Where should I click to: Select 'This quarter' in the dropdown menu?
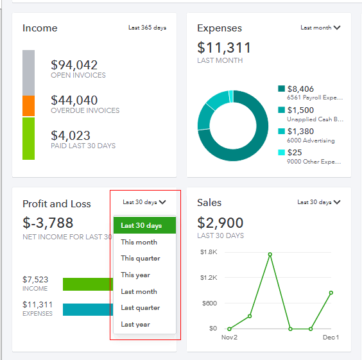coord(141,259)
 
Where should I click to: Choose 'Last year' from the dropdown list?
coord(135,325)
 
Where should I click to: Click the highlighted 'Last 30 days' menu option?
coord(141,226)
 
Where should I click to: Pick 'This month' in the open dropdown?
coord(139,242)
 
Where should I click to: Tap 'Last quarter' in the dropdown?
coord(140,308)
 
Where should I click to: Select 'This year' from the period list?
coord(135,275)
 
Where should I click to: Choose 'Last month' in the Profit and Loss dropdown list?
coord(139,291)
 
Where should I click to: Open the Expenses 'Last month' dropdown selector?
coord(320,28)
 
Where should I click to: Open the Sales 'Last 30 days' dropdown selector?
coord(318,202)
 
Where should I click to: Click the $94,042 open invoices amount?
coord(74,65)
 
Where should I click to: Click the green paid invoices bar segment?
coord(28,139)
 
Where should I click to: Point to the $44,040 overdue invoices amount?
coord(74,100)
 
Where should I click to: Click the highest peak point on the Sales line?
coord(270,254)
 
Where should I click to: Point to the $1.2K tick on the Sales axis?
coord(209,278)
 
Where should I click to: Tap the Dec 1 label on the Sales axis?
coord(331,338)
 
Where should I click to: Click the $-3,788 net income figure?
coord(48,223)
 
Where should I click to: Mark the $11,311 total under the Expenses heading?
coord(224,48)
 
